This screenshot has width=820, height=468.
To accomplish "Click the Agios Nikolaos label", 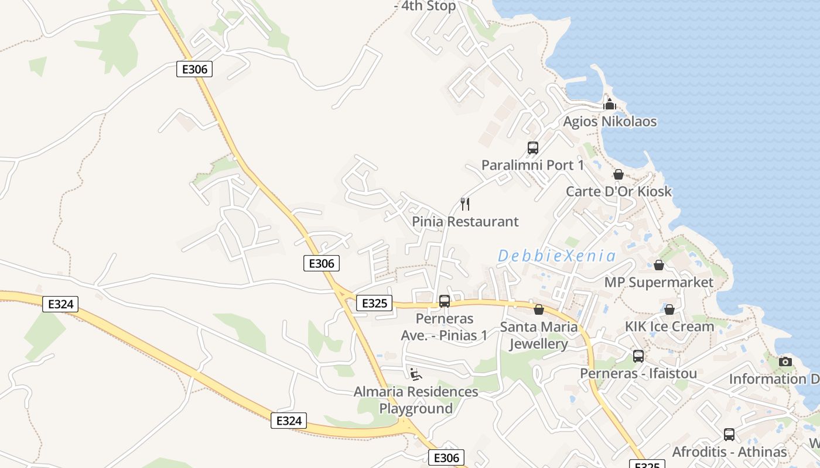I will (x=610, y=122).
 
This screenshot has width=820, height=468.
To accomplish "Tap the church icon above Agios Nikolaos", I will (x=610, y=105).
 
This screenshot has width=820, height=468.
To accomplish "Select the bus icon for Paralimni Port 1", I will (x=532, y=148).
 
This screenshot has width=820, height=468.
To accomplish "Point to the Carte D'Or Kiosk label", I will (x=619, y=191).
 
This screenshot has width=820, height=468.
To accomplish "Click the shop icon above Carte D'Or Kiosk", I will (x=619, y=174).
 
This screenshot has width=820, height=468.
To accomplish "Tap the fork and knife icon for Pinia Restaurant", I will (x=465, y=204).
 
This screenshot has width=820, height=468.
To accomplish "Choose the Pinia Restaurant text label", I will (x=465, y=222).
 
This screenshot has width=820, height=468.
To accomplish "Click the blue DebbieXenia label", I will (x=556, y=256).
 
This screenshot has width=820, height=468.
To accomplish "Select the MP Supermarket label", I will (x=659, y=282).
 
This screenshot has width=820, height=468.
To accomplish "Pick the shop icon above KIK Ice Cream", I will (x=669, y=309).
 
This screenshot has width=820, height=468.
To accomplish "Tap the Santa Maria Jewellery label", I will (x=538, y=335).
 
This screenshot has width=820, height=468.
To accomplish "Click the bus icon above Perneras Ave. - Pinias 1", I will (x=445, y=301).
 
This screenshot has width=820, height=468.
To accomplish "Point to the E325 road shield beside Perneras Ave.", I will (x=374, y=303).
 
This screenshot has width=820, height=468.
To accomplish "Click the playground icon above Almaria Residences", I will (x=416, y=374).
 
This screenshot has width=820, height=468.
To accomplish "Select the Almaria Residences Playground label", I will (x=416, y=400).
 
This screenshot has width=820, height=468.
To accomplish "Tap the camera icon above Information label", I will (x=785, y=362).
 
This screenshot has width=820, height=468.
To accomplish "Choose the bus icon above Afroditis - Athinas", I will (x=729, y=435).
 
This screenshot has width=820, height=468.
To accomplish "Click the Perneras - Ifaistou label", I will (x=638, y=373).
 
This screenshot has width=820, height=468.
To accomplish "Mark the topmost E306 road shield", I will (x=194, y=69).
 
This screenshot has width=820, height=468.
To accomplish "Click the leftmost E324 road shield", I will (x=60, y=304).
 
